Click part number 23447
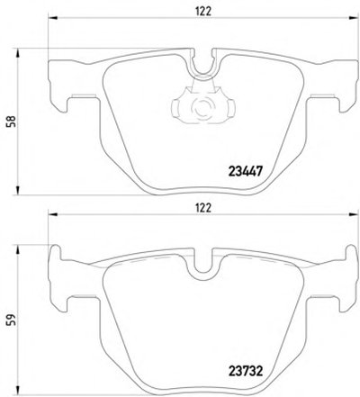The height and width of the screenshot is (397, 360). (246, 172)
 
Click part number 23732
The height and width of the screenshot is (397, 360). (246, 371)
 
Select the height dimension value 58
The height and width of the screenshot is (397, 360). (12, 122)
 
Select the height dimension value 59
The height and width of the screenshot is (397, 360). (12, 320)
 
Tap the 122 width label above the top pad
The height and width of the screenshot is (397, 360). (203, 11)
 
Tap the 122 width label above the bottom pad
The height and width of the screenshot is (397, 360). (203, 208)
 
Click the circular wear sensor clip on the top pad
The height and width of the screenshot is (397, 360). (203, 107)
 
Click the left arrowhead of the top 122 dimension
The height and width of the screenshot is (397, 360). (52, 18)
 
